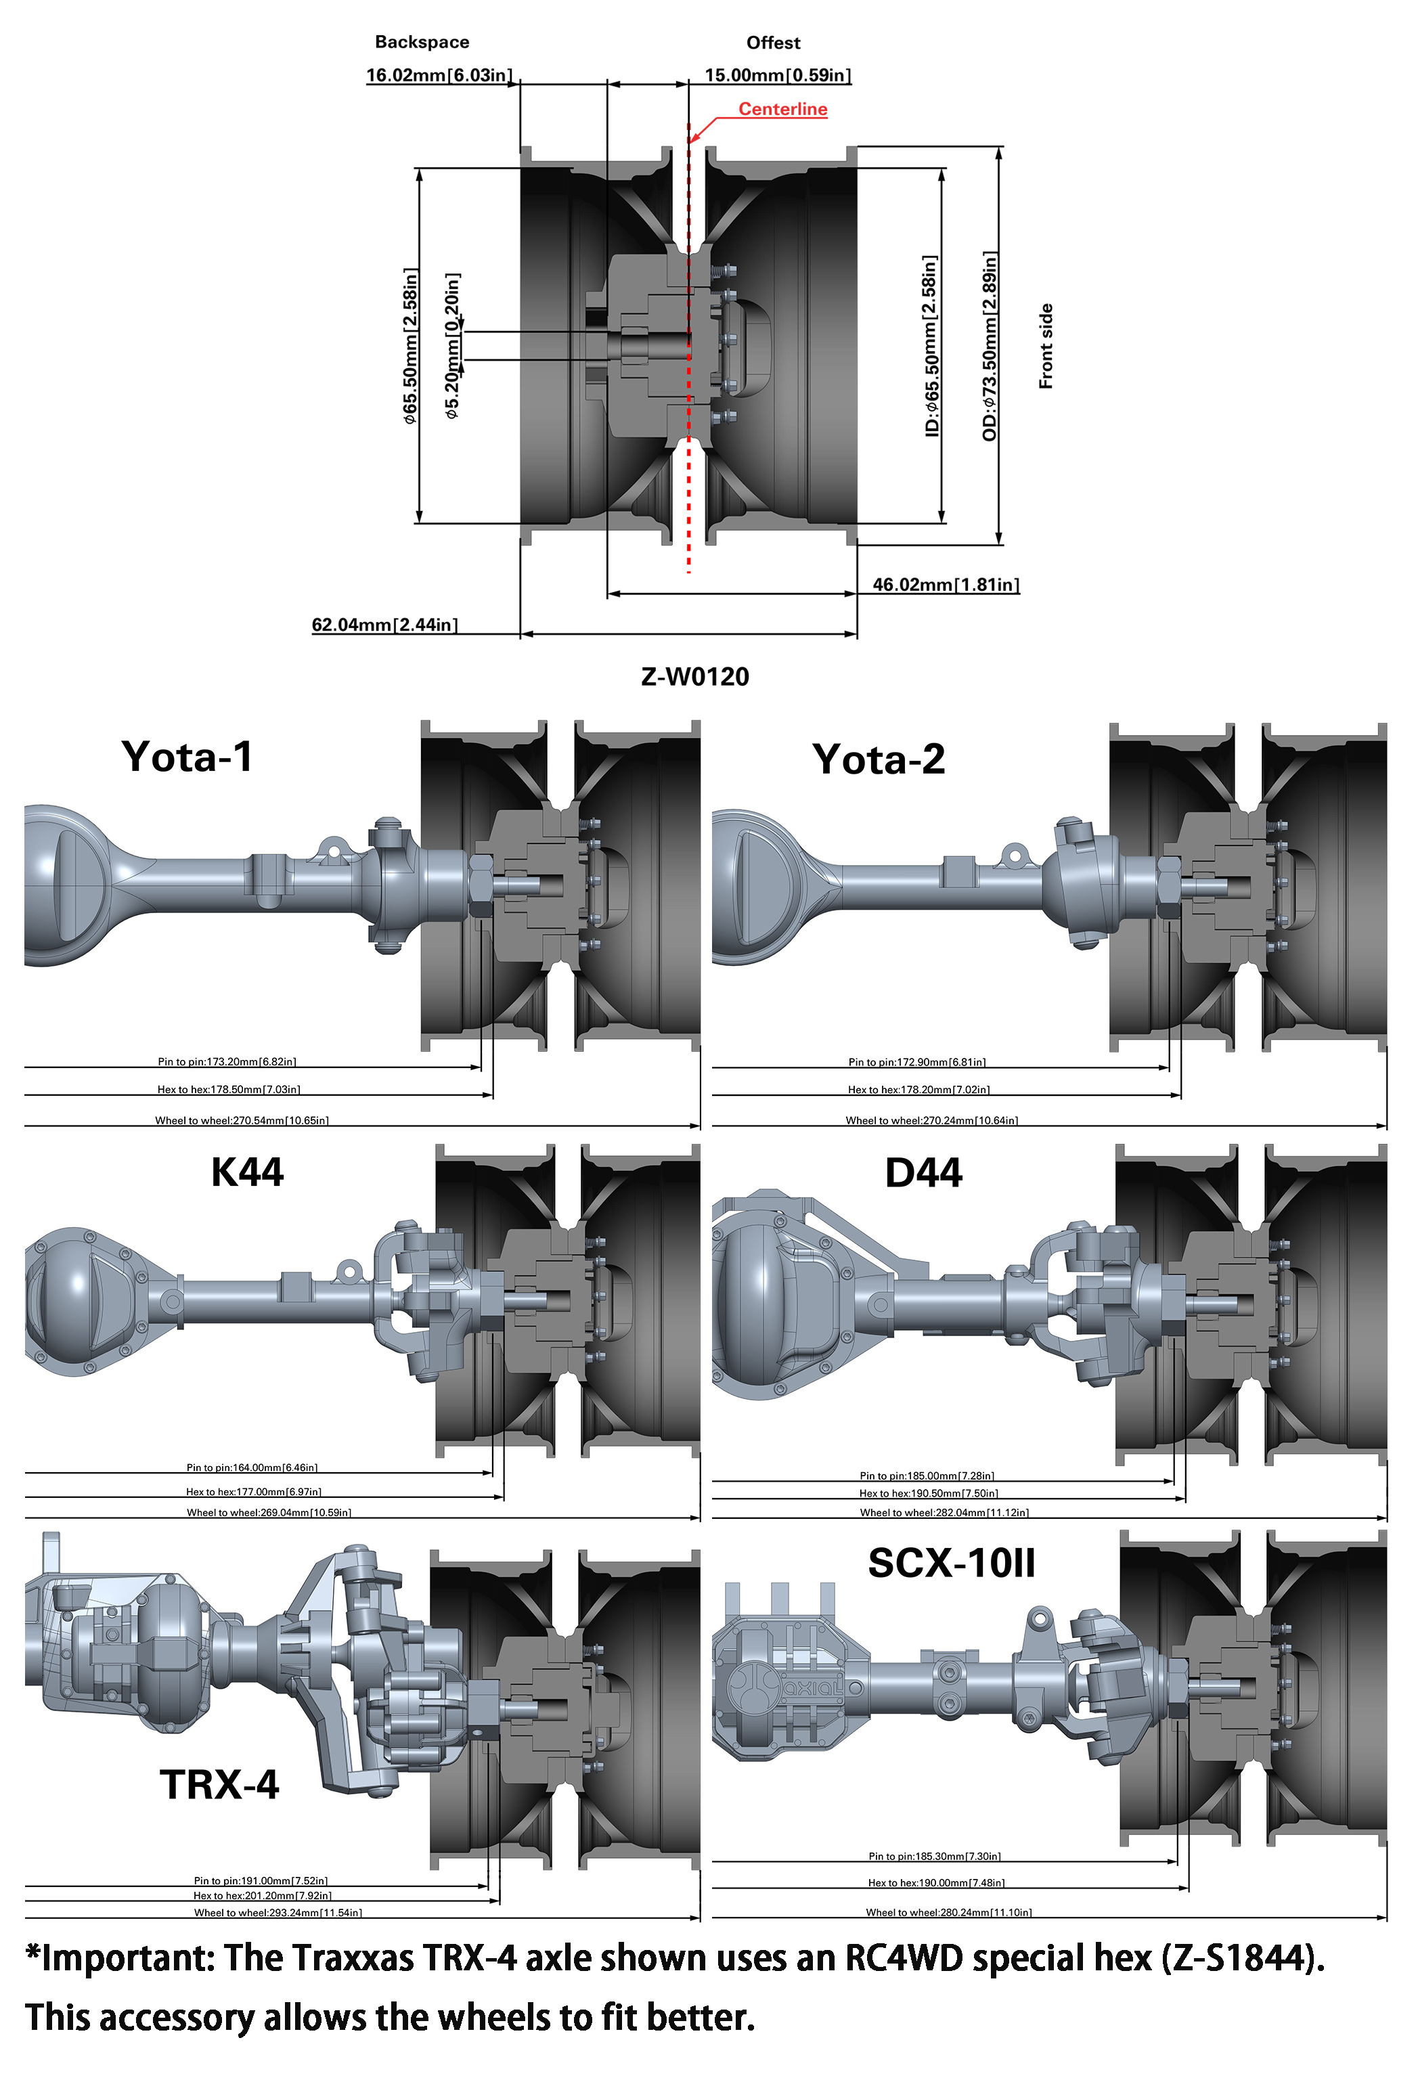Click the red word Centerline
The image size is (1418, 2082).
point(782,109)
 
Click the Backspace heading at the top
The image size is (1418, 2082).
point(421,42)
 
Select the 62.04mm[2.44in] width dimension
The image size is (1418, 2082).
point(384,625)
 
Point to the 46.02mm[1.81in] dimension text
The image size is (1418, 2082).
point(945,585)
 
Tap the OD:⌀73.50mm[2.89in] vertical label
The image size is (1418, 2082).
point(990,346)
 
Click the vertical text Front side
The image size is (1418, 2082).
point(1045,346)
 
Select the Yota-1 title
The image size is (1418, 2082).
point(187,757)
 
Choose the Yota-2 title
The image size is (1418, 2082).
point(878,759)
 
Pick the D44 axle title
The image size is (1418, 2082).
point(923,1174)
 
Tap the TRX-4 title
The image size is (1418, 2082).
point(219,1785)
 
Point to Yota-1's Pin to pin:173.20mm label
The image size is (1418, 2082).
point(227,1061)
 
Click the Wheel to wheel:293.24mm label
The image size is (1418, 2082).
point(278,1913)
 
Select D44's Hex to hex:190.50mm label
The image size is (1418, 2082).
point(928,1493)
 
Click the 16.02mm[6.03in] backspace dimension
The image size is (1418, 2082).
point(438,75)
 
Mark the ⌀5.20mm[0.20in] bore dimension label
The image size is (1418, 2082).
point(452,346)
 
